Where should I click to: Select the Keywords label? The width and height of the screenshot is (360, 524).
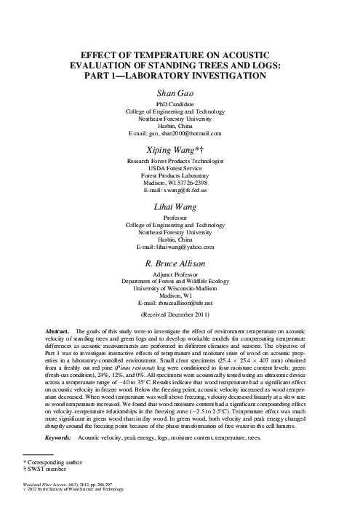coord(58,418)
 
